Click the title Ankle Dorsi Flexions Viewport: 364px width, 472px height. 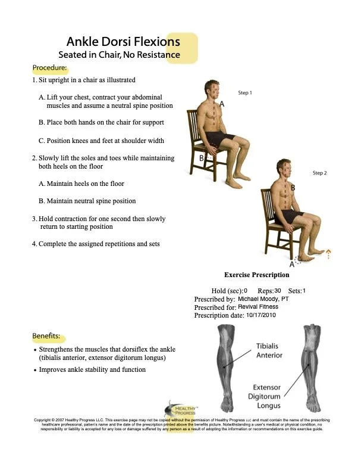(x=123, y=42)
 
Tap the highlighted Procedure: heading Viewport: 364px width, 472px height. (x=49, y=67)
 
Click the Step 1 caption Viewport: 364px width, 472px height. (x=244, y=93)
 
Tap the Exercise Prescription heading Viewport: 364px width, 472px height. (x=256, y=275)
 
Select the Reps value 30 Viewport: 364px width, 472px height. (x=278, y=290)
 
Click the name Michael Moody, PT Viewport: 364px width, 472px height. (x=263, y=299)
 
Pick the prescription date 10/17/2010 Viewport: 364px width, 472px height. (x=261, y=315)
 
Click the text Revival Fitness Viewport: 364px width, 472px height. (x=258, y=307)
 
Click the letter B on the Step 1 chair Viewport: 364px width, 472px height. (x=202, y=158)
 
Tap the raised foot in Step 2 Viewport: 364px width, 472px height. (x=310, y=256)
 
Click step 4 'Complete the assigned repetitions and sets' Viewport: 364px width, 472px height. (x=96, y=244)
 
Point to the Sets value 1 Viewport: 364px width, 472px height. (x=304, y=290)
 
